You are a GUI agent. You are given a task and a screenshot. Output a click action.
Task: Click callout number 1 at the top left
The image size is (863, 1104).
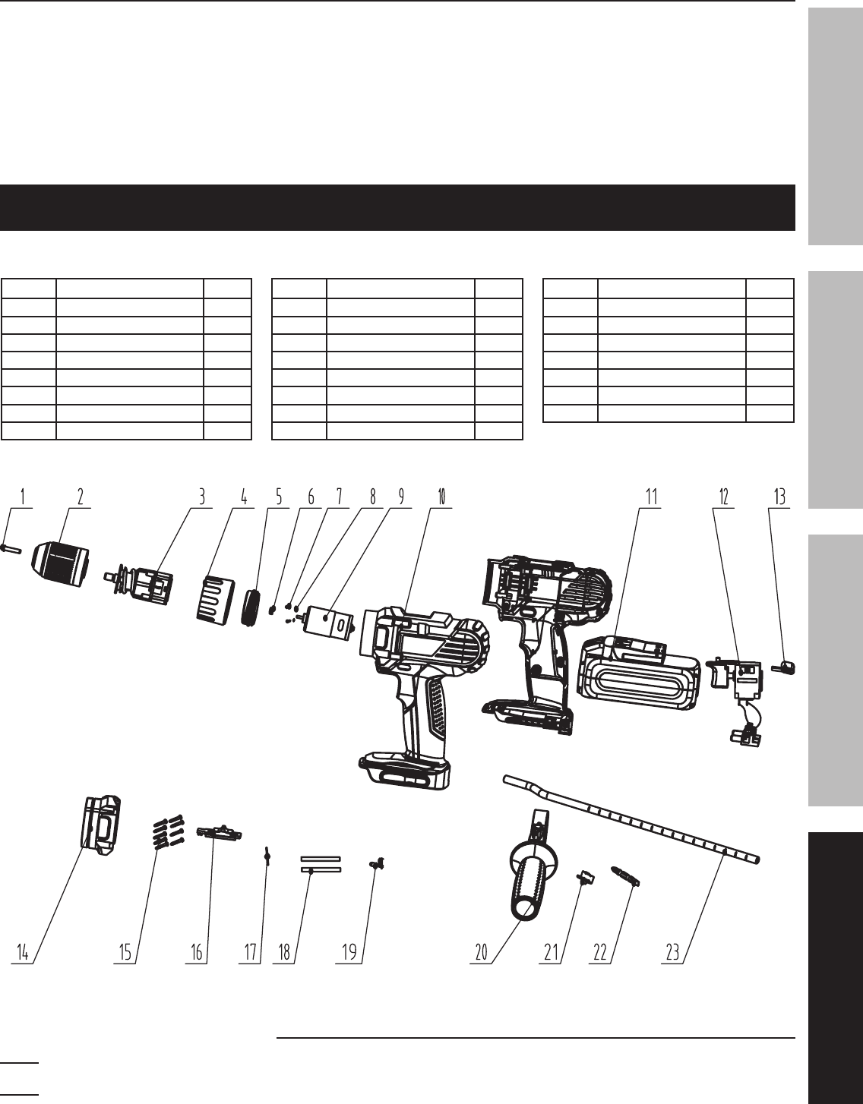[x=23, y=497]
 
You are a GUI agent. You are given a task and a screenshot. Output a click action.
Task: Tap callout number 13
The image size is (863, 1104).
[x=779, y=497]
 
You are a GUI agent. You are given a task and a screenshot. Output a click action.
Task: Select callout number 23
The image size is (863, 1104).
[x=672, y=953]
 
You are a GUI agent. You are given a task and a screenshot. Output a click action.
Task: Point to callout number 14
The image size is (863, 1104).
[x=22, y=953]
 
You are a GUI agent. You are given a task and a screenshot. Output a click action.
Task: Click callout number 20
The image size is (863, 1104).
[x=481, y=953]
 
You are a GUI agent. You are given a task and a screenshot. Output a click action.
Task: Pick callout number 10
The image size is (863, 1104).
[x=441, y=497]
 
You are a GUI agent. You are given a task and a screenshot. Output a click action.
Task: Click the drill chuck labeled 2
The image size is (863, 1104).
[x=61, y=564]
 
